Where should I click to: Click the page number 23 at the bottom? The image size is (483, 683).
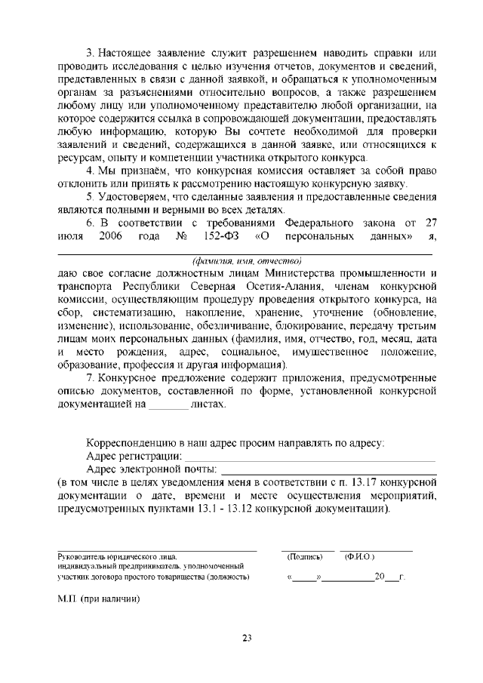pyautogui.click(x=246, y=638)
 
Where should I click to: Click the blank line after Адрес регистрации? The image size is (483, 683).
pyautogui.click(x=310, y=457)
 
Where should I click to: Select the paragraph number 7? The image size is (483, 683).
pyautogui.click(x=91, y=378)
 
